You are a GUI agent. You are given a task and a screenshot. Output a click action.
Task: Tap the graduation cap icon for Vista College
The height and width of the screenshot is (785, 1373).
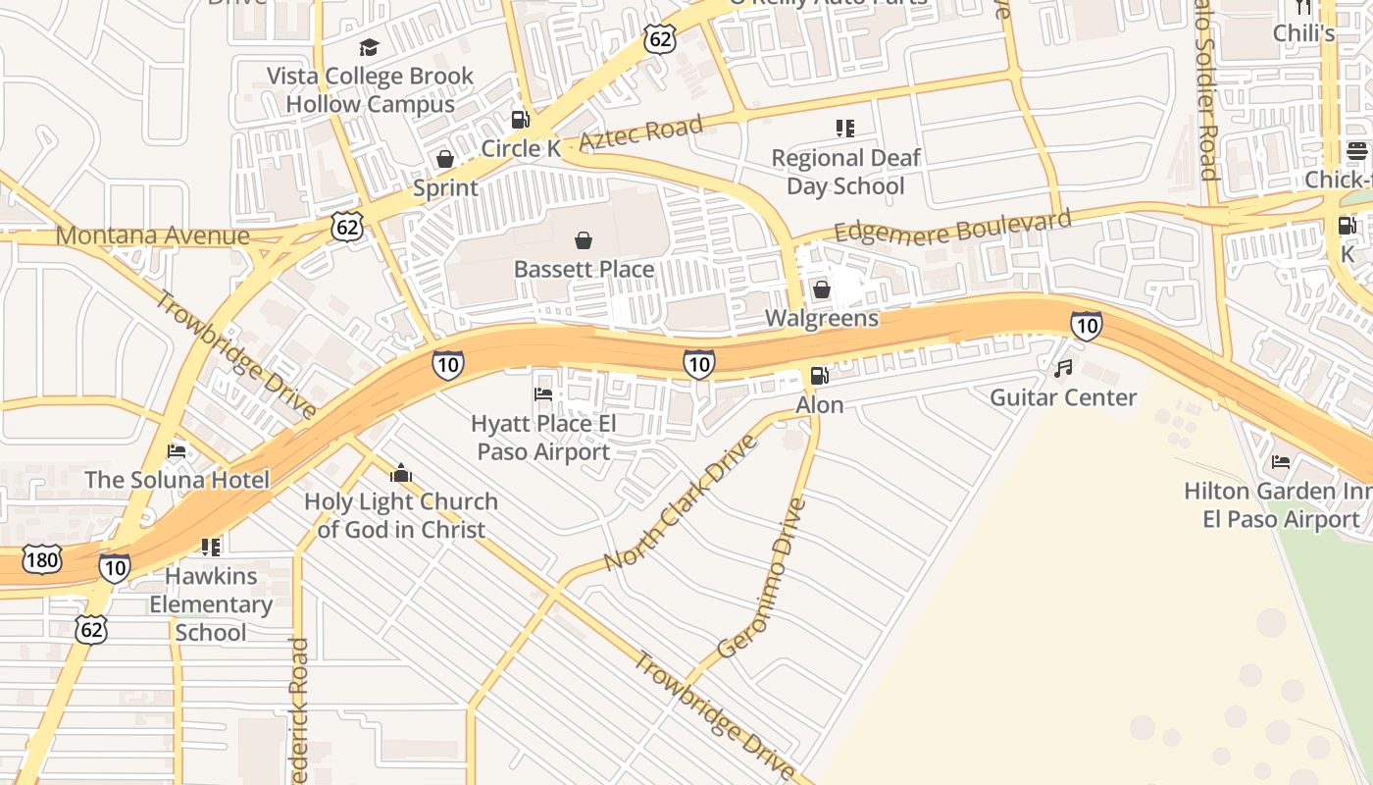pos(369,47)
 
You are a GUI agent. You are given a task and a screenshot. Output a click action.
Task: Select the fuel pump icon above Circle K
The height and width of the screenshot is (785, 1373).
pos(520,120)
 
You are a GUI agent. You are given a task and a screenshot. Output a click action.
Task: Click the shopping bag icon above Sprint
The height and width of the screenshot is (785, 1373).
pos(445,159)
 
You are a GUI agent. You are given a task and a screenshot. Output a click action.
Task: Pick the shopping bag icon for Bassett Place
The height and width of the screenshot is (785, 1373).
pos(584,240)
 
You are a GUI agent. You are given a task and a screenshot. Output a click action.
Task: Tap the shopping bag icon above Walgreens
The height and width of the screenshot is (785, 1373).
pos(822,289)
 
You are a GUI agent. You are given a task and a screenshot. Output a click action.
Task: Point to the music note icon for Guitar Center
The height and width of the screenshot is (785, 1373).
pos(1063,369)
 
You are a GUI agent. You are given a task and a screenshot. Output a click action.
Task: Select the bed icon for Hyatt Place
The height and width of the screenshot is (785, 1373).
pos(543,394)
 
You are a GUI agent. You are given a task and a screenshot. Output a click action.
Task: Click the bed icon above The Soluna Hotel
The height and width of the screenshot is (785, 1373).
pos(177,451)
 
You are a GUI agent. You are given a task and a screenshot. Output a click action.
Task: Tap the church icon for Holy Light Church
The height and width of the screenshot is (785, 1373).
pos(400,473)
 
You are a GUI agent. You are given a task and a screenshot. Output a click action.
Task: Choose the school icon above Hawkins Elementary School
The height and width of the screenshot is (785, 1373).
pos(210,547)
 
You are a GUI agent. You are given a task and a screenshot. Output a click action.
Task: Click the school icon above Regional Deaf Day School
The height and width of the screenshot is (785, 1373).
pos(844,129)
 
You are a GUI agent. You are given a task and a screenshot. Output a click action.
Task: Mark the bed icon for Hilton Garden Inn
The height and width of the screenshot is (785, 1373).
pos(1281,461)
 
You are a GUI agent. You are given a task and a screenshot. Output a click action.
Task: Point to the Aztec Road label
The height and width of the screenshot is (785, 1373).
pos(641,132)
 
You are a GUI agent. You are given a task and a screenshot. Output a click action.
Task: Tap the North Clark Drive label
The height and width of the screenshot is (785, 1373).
pos(681,502)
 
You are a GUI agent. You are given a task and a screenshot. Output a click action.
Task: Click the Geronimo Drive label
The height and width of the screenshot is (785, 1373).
pos(762,579)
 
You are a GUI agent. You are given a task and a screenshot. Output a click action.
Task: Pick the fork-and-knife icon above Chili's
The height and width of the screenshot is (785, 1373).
pos(1303,6)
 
